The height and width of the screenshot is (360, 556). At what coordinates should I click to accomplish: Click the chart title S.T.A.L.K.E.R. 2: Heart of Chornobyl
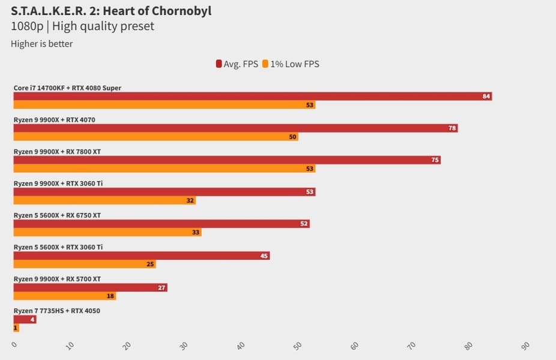(x=111, y=11)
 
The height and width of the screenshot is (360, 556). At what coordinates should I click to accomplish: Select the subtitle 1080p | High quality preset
(x=83, y=26)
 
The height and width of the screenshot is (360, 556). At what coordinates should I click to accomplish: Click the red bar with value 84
(x=252, y=96)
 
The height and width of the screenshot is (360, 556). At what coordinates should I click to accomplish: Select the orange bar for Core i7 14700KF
(x=164, y=105)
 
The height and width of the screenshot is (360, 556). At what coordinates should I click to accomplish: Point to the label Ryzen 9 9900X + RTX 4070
(x=54, y=120)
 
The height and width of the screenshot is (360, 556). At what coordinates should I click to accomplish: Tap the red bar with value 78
(x=235, y=128)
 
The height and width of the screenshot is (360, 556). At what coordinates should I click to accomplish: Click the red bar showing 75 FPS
(x=227, y=160)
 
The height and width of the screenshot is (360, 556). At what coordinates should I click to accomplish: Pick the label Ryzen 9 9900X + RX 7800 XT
(x=57, y=152)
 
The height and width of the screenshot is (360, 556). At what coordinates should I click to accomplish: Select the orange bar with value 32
(x=104, y=200)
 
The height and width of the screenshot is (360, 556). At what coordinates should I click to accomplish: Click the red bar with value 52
(x=161, y=224)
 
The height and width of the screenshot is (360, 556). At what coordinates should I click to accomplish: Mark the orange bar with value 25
(x=85, y=264)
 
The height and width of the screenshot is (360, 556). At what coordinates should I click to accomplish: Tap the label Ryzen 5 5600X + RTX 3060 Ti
(x=58, y=247)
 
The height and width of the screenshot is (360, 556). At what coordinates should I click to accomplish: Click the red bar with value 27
(x=90, y=287)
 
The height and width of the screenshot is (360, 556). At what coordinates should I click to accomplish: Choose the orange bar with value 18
(x=64, y=296)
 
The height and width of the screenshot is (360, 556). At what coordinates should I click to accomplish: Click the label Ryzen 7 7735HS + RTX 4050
(x=56, y=311)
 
